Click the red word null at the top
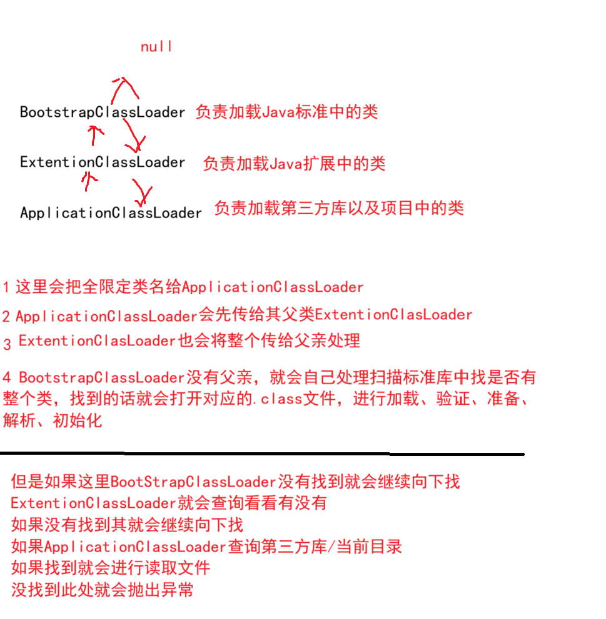point(156,47)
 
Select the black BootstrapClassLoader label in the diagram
point(103,112)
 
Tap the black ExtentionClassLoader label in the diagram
point(103,162)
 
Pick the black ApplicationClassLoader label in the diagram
point(111,213)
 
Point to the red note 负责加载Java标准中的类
point(286,112)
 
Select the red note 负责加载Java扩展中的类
point(294,164)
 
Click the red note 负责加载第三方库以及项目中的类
point(339,208)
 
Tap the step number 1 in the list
point(6,288)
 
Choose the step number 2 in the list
point(6,317)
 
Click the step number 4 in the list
point(7,378)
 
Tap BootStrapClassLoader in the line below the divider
point(193,482)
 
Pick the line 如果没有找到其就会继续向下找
point(127,525)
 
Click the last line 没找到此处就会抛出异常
point(102,590)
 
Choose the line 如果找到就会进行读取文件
point(110,568)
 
